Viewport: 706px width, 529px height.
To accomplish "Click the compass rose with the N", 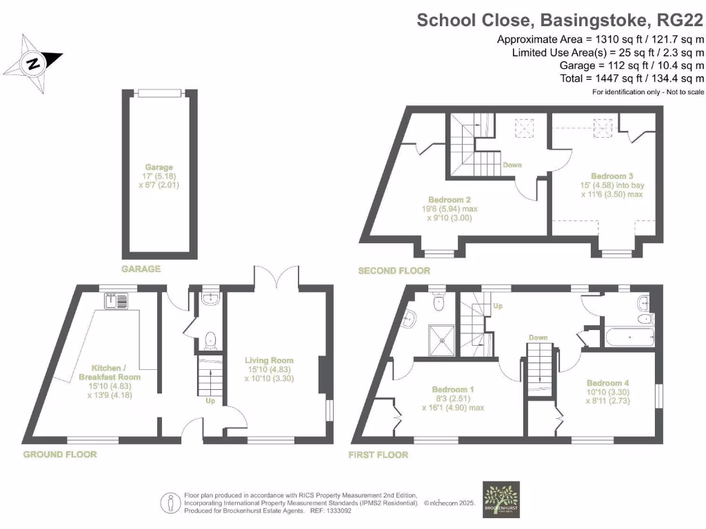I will point(32,64).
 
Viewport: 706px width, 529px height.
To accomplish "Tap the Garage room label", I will point(159,176).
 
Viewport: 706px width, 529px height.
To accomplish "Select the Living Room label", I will point(269,369).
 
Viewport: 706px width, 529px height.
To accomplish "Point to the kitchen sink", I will point(117,301).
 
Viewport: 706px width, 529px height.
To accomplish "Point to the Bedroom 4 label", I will point(607,393).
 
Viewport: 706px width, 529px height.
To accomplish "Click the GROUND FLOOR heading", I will point(60,455).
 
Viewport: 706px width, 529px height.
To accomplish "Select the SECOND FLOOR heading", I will point(394,271).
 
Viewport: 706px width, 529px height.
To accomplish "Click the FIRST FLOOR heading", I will point(379,455).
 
